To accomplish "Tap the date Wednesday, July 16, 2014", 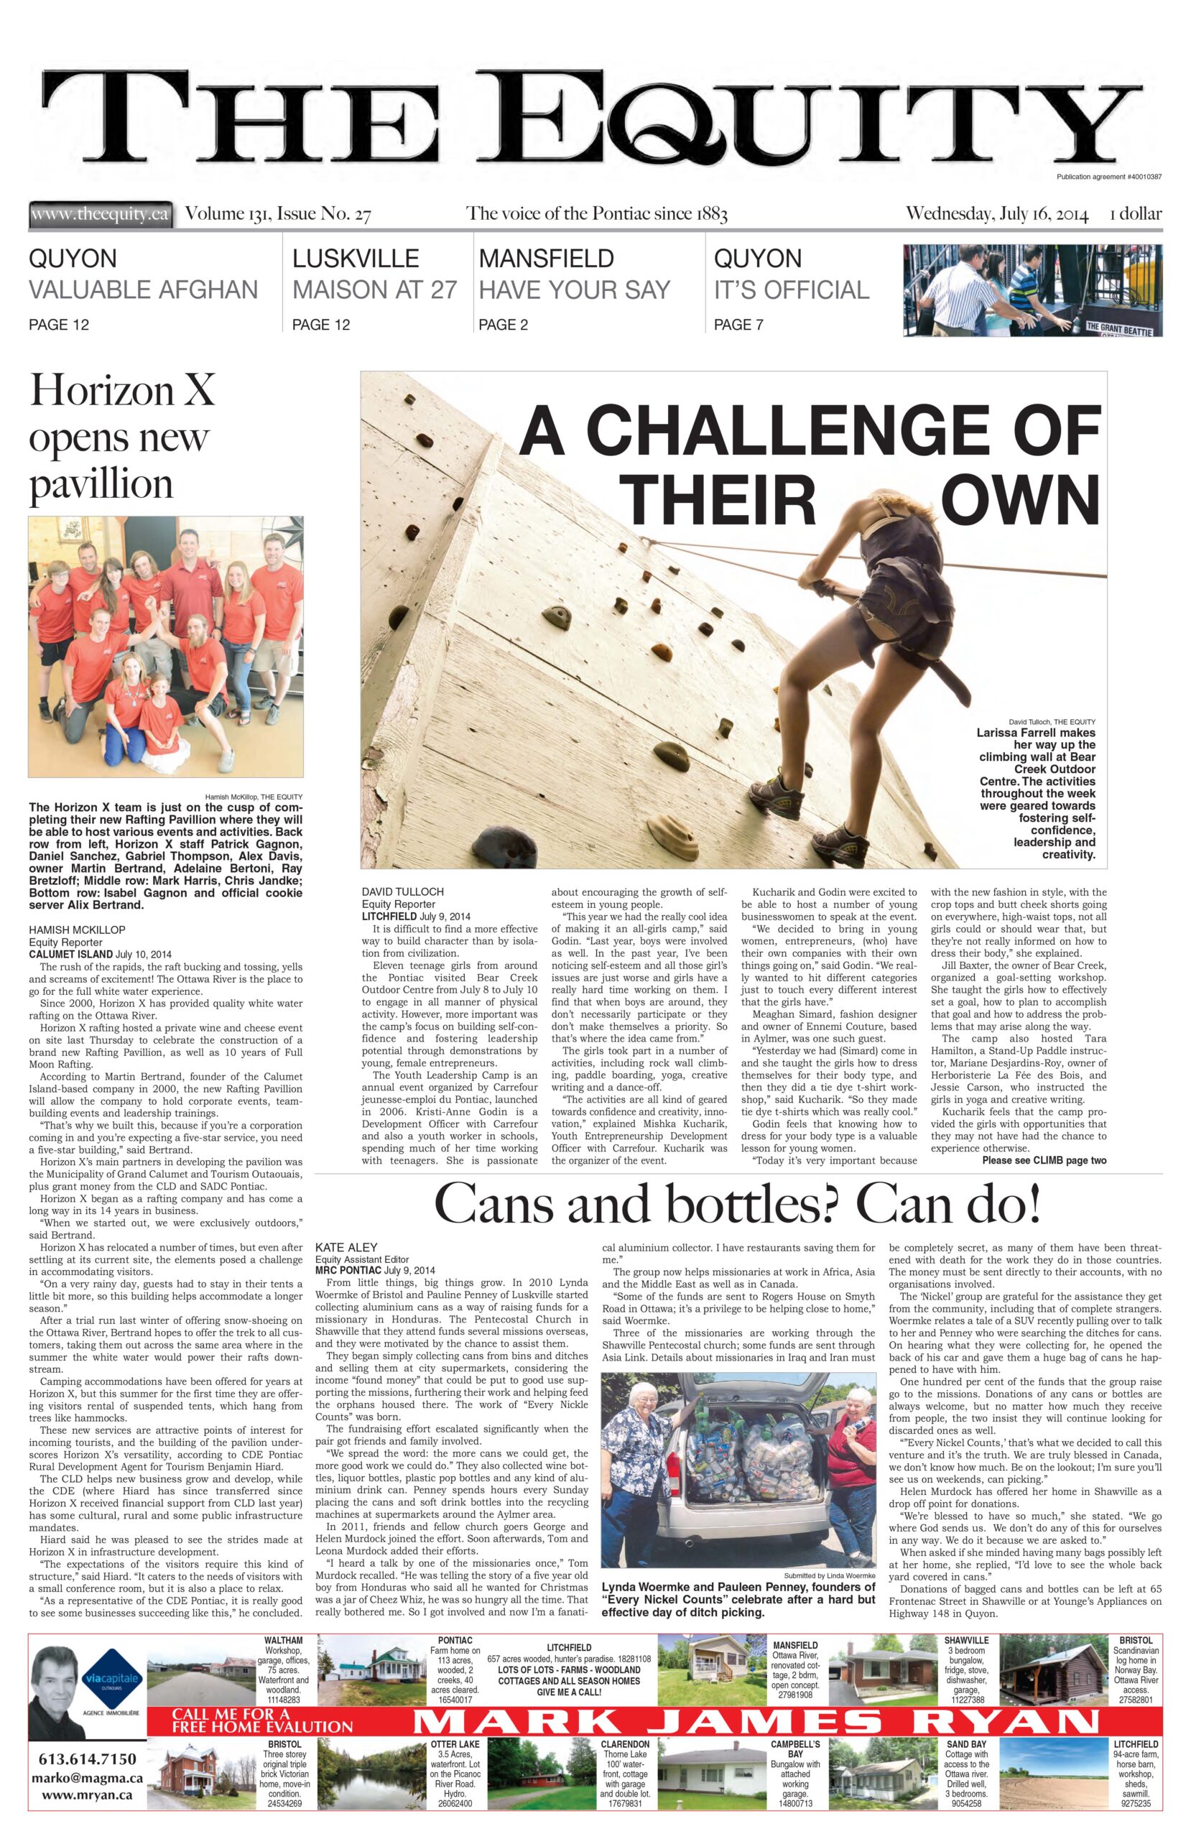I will click(x=996, y=214).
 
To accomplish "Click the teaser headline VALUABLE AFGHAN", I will click(x=143, y=289).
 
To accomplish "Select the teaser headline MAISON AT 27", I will click(x=374, y=289).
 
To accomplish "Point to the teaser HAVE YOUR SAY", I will click(x=573, y=289).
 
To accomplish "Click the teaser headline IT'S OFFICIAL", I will click(x=791, y=289).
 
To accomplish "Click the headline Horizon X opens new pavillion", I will click(x=121, y=437).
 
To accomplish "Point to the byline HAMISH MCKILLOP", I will click(x=78, y=930).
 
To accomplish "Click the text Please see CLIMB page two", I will click(x=1043, y=1161).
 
